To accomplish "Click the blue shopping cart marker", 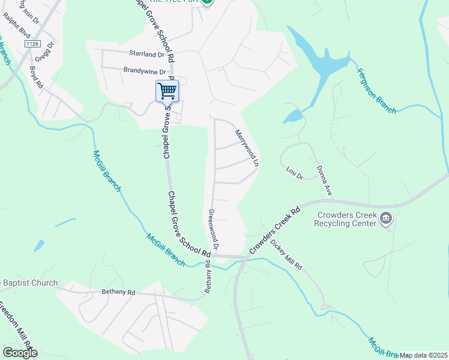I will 167,92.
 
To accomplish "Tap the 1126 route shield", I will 32,44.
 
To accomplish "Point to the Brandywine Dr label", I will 144,70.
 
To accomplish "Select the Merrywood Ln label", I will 247,148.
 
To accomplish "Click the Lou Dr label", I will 295,174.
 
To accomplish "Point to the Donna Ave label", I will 324,181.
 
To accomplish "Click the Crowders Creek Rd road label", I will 274,230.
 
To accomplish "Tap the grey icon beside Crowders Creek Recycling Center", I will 386,219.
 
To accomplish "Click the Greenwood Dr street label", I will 213,230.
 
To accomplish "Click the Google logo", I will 20,352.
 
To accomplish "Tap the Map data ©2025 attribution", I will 423,355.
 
